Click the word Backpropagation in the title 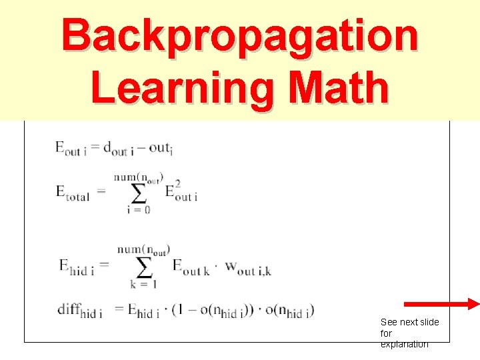[240, 37]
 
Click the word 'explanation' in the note [405, 344]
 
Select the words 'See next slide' [410, 322]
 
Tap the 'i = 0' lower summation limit [138, 209]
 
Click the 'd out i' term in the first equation [119, 149]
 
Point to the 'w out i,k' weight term [247, 268]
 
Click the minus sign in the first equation [142, 147]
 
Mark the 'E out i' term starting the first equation [71, 149]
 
